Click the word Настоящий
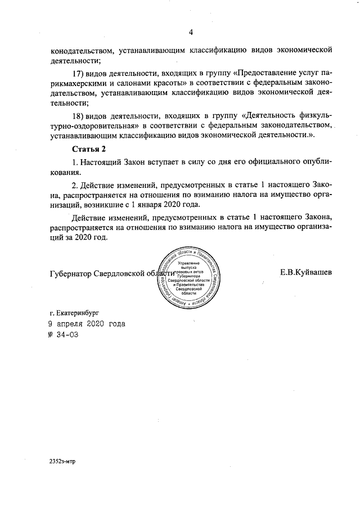pos(104,162)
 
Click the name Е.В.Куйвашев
pos(305,272)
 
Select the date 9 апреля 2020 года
pos(87,324)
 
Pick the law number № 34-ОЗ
pos(63,335)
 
